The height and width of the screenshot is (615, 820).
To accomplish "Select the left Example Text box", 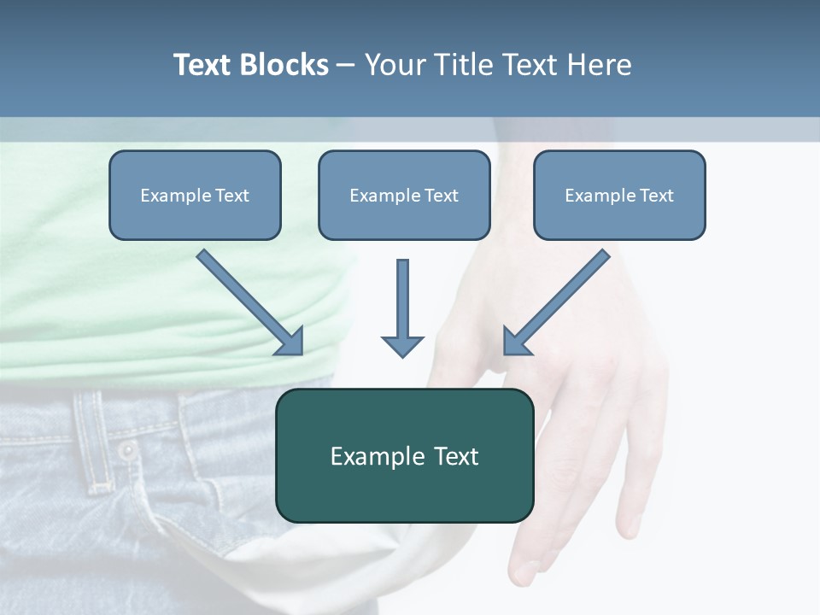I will pos(195,196).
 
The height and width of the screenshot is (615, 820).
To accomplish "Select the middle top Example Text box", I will pos(404,196).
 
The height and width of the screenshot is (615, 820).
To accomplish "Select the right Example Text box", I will pos(619,196).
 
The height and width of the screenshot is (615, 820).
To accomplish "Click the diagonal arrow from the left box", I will pos(248,300).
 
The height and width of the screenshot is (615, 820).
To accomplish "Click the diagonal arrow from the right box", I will pos(559,300).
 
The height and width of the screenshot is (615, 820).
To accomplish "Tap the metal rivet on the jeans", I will pos(128,450).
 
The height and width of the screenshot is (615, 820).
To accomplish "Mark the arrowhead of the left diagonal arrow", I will pos(290,342).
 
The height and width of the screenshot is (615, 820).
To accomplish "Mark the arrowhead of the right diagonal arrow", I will pos(516,342).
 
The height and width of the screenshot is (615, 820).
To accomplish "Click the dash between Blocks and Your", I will pos(346,65).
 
